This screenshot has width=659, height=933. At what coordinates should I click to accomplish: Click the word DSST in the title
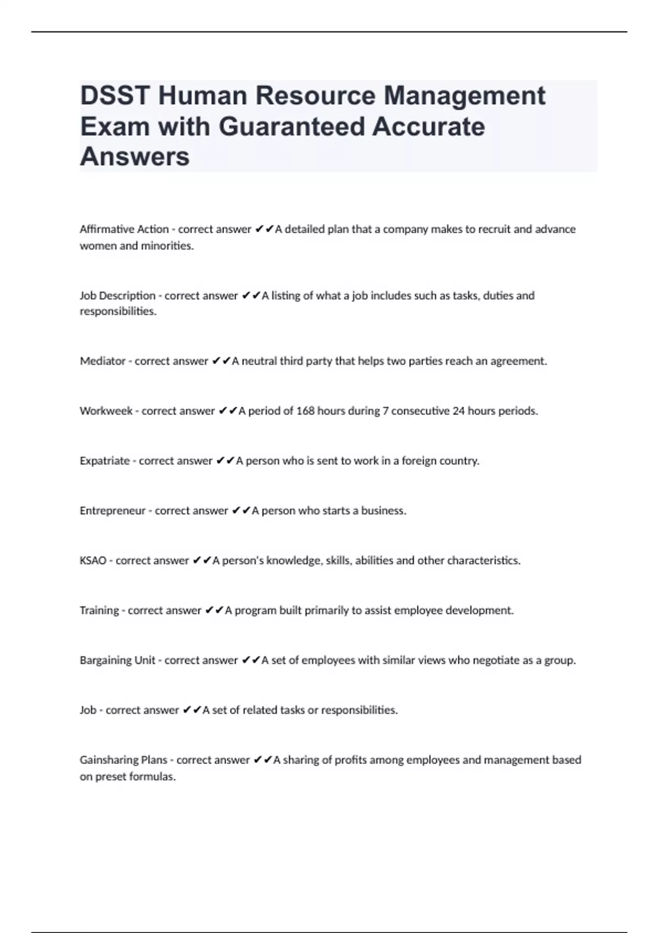(x=115, y=95)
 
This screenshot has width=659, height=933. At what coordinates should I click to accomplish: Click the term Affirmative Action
(x=124, y=229)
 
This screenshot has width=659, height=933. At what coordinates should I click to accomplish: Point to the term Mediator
(x=103, y=361)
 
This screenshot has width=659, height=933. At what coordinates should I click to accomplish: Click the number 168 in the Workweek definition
(x=305, y=411)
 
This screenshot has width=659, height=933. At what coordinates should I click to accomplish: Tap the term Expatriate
(x=105, y=461)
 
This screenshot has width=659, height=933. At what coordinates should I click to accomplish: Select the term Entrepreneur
(x=113, y=511)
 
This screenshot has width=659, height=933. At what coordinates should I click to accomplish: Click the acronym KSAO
(x=93, y=561)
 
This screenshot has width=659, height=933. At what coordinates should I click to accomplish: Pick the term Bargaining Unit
(x=118, y=660)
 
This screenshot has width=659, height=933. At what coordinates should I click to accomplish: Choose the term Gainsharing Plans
(x=124, y=760)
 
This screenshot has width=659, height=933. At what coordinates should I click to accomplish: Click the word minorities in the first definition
(x=167, y=246)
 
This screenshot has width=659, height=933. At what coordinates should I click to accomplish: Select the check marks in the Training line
(x=214, y=610)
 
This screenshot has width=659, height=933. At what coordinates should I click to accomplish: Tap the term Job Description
(x=118, y=296)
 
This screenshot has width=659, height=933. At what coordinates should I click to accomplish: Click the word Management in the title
(x=465, y=95)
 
